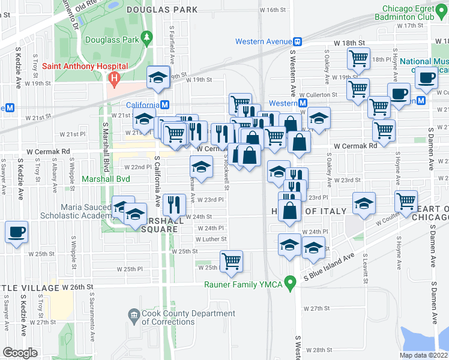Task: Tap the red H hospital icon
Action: click(113, 79)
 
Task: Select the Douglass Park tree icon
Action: click(146, 40)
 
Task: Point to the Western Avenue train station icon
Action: click(297, 41)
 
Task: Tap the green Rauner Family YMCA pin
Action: click(291, 281)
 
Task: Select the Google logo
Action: click(20, 353)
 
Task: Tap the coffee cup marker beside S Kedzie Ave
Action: click(17, 232)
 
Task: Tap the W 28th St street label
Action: click(319, 349)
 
